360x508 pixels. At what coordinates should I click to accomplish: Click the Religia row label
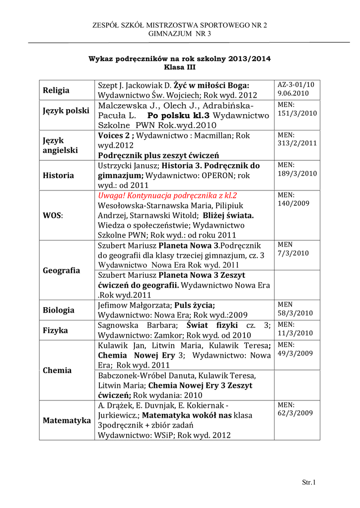pos(56,90)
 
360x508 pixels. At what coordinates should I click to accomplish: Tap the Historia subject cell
pos(59,175)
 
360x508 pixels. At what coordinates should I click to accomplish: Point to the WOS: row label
pos(53,216)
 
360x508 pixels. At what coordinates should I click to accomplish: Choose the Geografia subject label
pos(62,270)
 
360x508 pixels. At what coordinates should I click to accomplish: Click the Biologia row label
pos(59,310)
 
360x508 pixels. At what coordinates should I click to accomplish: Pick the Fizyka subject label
pos(55,330)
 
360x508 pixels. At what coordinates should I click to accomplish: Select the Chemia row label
pos(57,370)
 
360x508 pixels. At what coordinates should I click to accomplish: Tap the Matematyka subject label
pos(67,421)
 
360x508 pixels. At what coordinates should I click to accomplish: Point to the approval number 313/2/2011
pos(297,143)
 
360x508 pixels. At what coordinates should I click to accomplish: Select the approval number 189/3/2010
pos(297,173)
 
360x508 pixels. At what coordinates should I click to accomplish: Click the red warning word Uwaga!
pos(112,195)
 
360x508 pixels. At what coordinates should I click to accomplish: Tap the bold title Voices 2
pos(114,135)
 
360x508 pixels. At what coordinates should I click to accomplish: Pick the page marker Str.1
pos(309,482)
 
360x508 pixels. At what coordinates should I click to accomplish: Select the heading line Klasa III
pos(180,67)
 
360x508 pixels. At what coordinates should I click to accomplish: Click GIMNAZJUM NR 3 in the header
pos(180,34)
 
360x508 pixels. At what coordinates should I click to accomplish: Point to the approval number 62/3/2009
pos(295,412)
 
